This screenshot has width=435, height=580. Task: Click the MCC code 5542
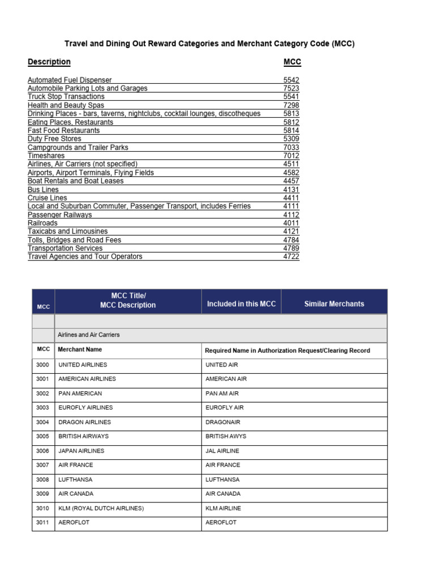tap(291, 80)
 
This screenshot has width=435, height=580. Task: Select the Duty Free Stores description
tap(54, 139)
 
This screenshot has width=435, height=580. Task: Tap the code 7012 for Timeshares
tap(291, 156)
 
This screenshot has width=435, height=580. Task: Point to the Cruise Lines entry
tap(47, 198)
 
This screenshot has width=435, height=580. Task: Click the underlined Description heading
tap(49, 62)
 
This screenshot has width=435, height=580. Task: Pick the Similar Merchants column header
tap(334, 304)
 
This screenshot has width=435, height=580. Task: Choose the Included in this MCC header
tap(241, 304)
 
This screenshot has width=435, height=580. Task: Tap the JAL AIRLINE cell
tap(223, 451)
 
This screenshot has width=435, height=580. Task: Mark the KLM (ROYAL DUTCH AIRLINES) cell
tap(101, 509)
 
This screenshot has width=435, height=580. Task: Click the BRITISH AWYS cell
tap(226, 437)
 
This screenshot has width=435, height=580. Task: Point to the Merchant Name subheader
tap(80, 350)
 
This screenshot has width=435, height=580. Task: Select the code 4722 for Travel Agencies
tap(291, 257)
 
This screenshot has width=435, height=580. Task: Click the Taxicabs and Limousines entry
tap(67, 231)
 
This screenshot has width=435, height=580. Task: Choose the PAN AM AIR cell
tap(223, 394)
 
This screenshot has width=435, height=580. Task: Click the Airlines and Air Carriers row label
tap(89, 335)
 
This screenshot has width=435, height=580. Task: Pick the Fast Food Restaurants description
tap(63, 130)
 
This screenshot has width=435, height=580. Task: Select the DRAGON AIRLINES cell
tap(85, 422)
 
